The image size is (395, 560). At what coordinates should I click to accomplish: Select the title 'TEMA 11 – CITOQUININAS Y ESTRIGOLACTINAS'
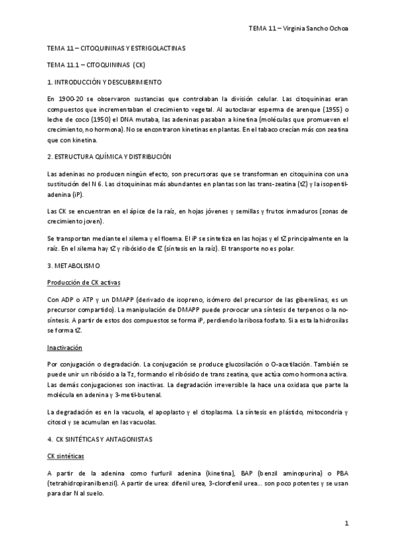point(117,49)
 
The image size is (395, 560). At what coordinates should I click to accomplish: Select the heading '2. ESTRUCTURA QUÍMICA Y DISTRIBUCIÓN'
point(109,156)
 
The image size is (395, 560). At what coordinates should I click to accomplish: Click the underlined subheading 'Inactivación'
point(65,347)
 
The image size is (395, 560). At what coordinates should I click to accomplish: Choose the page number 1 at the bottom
point(346,523)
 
